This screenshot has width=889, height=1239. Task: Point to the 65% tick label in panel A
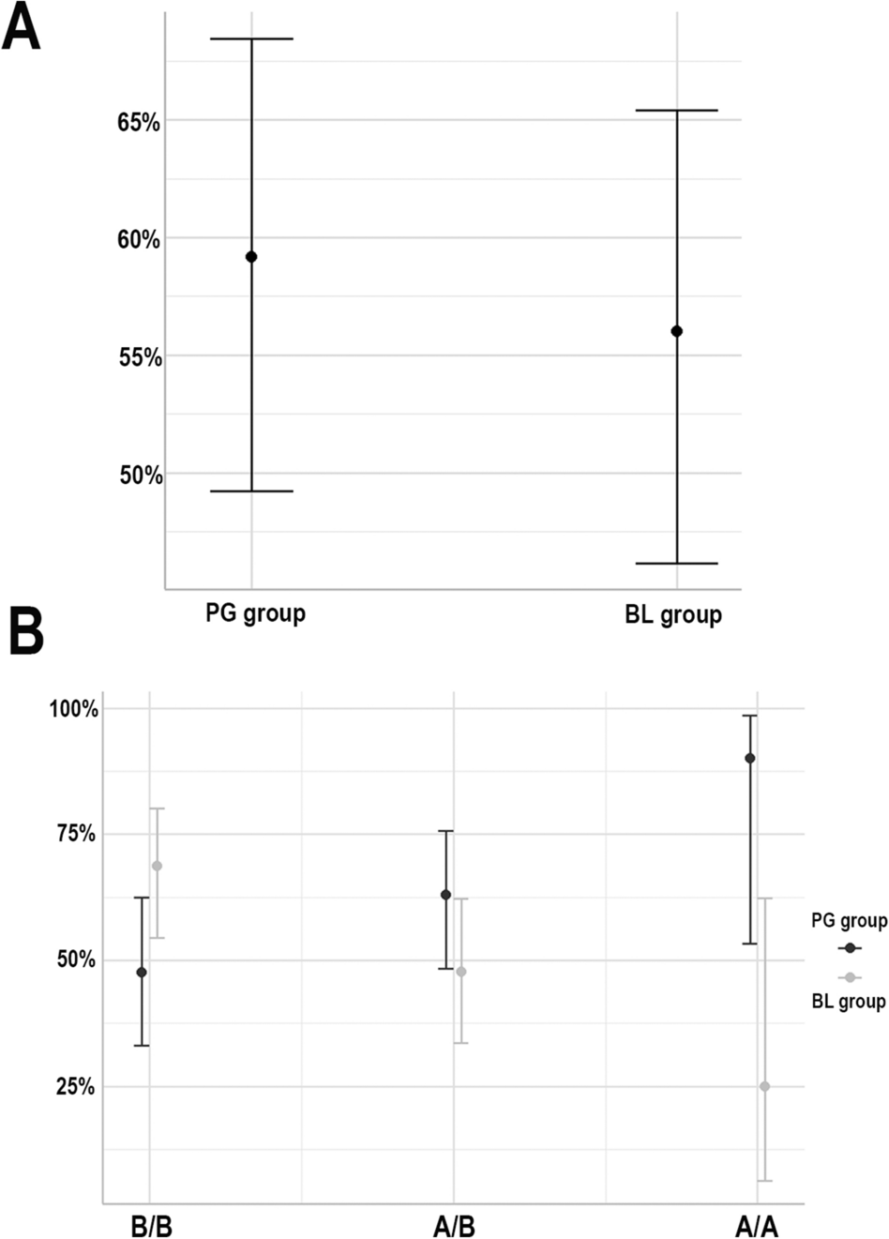(x=139, y=123)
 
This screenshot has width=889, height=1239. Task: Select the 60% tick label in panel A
(x=139, y=240)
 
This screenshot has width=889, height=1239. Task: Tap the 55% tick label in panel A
(x=139, y=357)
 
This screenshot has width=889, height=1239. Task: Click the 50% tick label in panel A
(x=139, y=476)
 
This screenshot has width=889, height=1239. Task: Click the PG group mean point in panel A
(x=251, y=257)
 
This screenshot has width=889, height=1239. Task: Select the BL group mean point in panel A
(x=676, y=331)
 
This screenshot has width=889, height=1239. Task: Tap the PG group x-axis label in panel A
(x=255, y=614)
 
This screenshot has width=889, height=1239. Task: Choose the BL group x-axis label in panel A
(x=673, y=616)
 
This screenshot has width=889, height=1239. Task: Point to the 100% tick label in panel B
(x=74, y=709)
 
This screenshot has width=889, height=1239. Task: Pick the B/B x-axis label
(x=151, y=1227)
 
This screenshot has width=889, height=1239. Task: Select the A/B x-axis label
(x=454, y=1227)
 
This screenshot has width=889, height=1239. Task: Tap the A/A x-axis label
(x=757, y=1227)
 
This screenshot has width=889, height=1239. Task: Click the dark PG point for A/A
(x=750, y=758)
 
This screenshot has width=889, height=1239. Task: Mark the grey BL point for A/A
(x=764, y=1086)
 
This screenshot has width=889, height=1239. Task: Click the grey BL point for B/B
(x=157, y=866)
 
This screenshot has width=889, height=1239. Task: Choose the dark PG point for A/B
(x=446, y=895)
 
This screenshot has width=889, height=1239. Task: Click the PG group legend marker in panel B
(x=850, y=948)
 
